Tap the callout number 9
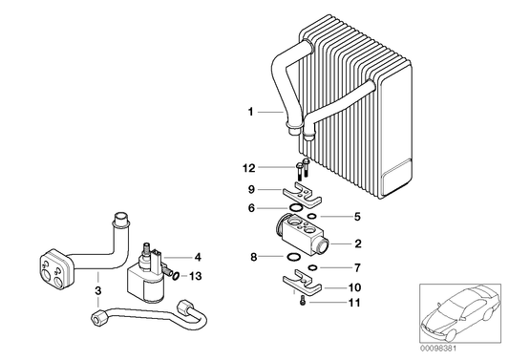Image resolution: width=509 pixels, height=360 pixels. click(x=252, y=189)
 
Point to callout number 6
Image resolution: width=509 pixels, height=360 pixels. click(x=252, y=208)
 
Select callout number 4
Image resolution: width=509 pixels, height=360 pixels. click(x=198, y=257)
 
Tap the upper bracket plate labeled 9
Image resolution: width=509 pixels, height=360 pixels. click(x=301, y=197)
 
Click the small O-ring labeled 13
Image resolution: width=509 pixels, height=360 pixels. click(x=176, y=275)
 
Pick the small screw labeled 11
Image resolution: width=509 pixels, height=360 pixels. click(x=302, y=303)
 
